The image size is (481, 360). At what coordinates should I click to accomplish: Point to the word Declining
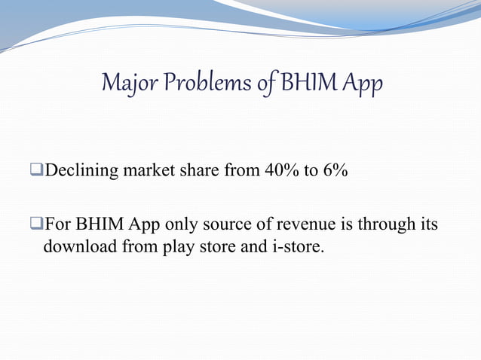80,171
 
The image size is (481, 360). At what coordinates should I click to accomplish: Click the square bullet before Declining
39,172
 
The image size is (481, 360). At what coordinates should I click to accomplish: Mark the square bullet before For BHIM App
39,224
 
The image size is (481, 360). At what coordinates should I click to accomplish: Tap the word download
74,246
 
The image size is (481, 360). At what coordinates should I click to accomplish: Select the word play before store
178,246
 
